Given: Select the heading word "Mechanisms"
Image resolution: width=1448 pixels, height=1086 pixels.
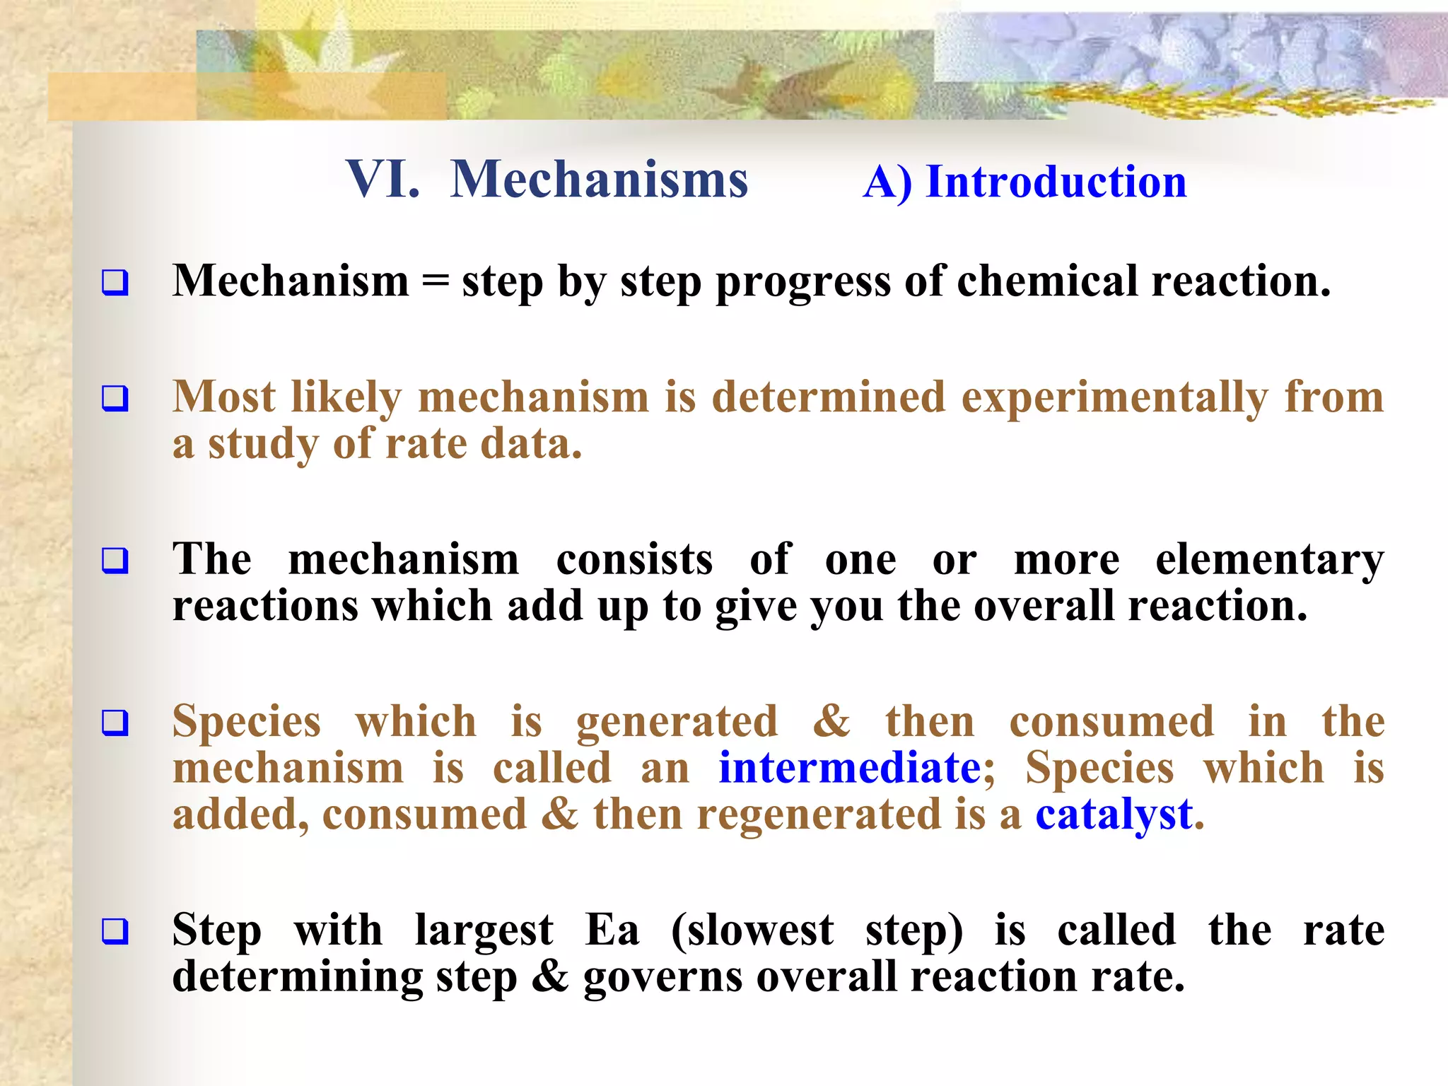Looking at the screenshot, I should [x=599, y=180].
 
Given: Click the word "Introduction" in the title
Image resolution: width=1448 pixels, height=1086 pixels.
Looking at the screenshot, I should [x=1056, y=182].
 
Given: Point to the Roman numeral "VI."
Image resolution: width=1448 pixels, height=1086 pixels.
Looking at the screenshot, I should [x=383, y=180].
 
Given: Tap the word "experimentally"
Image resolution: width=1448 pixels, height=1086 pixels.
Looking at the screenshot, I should [x=1114, y=398].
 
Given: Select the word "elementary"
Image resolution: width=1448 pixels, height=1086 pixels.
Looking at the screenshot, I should [x=1270, y=561].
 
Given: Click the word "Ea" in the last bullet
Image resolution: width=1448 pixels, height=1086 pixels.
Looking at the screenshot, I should [x=612, y=930].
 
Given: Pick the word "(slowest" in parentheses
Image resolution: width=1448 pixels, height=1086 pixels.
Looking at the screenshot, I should [x=752, y=931].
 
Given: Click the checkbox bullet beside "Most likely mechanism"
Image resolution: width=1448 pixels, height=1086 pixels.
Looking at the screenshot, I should [x=115, y=398].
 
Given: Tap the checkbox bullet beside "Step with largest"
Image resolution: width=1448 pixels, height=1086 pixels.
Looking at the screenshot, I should [x=115, y=930].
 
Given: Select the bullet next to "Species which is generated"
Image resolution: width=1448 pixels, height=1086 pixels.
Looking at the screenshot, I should [x=115, y=723].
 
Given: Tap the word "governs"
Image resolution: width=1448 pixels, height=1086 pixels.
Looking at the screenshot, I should [x=662, y=977].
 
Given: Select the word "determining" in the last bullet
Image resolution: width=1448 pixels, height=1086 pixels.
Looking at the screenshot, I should [x=298, y=977].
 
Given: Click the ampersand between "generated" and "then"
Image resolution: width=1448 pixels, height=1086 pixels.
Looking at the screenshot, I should [x=831, y=722].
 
